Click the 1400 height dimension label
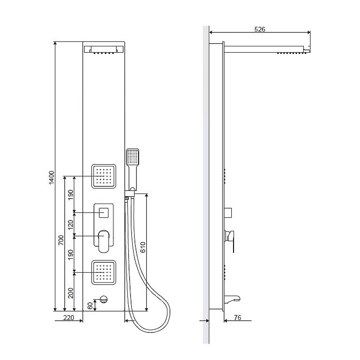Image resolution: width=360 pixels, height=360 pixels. [x=52, y=177]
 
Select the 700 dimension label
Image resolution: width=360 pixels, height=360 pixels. [x=61, y=240]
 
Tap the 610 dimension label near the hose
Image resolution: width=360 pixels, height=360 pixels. [x=143, y=247]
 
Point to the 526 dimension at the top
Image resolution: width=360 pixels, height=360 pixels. [x=260, y=29]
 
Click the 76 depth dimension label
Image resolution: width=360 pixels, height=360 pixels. [x=238, y=318]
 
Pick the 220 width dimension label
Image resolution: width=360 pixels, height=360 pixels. [x=69, y=318]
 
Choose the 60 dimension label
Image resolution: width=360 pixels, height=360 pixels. [x=90, y=306]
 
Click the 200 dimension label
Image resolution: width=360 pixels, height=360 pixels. [x=71, y=293]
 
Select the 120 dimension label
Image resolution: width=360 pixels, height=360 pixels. [x=71, y=224]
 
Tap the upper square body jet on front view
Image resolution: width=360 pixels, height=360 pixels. [x=103, y=176]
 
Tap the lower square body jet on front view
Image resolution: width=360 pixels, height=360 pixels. [x=103, y=273]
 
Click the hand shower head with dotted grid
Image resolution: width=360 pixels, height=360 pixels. [x=133, y=157]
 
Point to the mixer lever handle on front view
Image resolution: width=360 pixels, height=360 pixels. [x=103, y=241]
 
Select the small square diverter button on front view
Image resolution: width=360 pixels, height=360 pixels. [x=103, y=212]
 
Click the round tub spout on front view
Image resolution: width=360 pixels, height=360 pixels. [x=104, y=299]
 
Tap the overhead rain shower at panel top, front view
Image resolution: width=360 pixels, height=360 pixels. [x=104, y=50]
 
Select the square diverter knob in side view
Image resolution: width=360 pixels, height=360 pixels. [x=228, y=213]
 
